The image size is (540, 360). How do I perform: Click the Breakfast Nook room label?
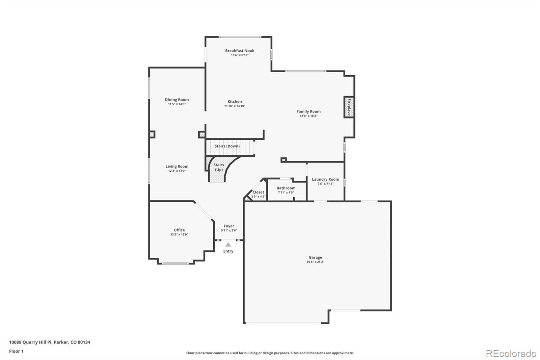click(240, 51)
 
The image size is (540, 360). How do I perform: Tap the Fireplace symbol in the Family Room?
click(349, 107)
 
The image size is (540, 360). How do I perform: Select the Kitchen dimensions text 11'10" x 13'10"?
click(235, 106)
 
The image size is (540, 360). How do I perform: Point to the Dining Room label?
click(177, 100)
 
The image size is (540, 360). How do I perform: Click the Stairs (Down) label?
click(227, 146)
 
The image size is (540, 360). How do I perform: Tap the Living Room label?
click(177, 166)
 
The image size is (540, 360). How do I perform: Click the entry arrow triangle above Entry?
click(228, 245)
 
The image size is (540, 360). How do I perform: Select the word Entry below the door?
click(228, 251)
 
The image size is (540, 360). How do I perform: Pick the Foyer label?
click(229, 226)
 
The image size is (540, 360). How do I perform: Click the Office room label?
click(179, 230)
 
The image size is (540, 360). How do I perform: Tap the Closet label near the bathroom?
click(258, 192)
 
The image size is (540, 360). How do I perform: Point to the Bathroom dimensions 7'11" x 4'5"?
click(286, 192)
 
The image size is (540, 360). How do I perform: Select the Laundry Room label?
click(325, 179)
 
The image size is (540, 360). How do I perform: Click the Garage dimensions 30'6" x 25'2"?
click(315, 262)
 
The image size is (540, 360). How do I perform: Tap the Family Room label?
click(308, 111)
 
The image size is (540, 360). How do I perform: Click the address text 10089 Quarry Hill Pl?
click(30, 342)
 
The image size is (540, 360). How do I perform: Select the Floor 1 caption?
click(16, 351)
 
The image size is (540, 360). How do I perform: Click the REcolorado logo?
click(511, 354)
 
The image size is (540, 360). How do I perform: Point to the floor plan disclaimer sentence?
click(270, 353)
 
